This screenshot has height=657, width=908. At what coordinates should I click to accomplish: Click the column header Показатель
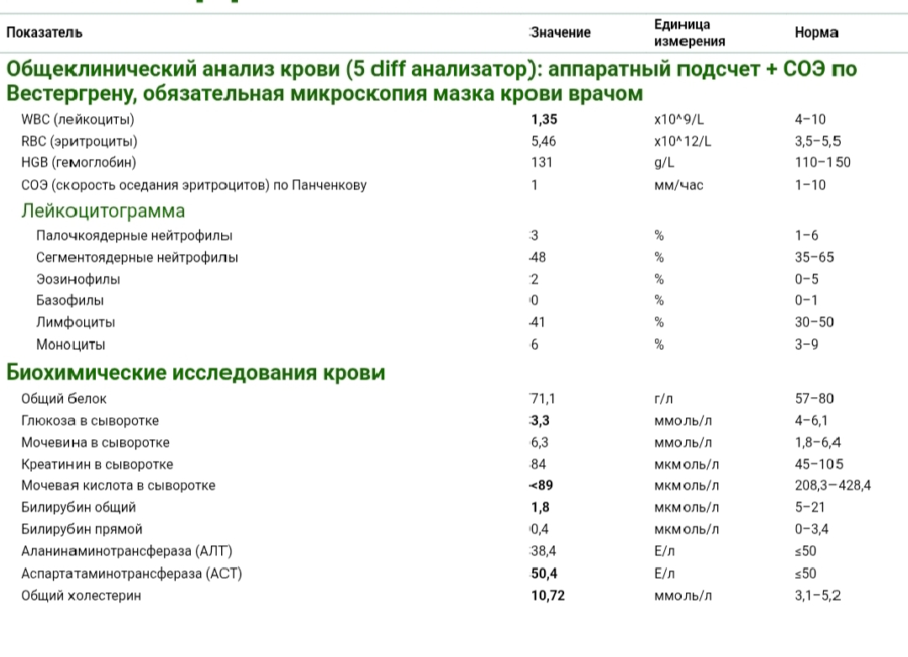45,33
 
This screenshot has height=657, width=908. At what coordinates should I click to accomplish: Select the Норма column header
816,33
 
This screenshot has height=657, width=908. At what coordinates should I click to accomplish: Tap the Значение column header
561,33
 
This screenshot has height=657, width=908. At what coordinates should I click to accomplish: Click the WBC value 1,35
544,119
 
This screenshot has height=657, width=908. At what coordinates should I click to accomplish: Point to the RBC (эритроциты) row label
79,141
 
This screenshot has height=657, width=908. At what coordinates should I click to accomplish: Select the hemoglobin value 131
541,162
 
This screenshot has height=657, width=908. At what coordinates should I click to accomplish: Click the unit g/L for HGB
664,162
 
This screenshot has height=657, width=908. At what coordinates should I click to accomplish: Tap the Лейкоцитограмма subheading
103,210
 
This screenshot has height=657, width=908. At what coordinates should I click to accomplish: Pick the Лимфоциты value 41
537,322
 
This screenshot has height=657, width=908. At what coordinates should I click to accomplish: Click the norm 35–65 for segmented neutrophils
814,257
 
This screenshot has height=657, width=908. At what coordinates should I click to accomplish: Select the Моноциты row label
71,344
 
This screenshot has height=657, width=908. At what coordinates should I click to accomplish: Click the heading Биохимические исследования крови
196,373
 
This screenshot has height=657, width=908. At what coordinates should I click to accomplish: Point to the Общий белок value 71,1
542,399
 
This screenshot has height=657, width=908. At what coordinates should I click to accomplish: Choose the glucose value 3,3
540,421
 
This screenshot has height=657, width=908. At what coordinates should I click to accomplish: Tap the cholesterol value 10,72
547,596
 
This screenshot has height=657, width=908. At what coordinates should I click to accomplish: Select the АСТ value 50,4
544,574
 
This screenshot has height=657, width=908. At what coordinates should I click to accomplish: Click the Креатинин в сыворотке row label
98,464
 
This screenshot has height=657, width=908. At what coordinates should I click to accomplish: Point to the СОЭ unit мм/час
678,185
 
